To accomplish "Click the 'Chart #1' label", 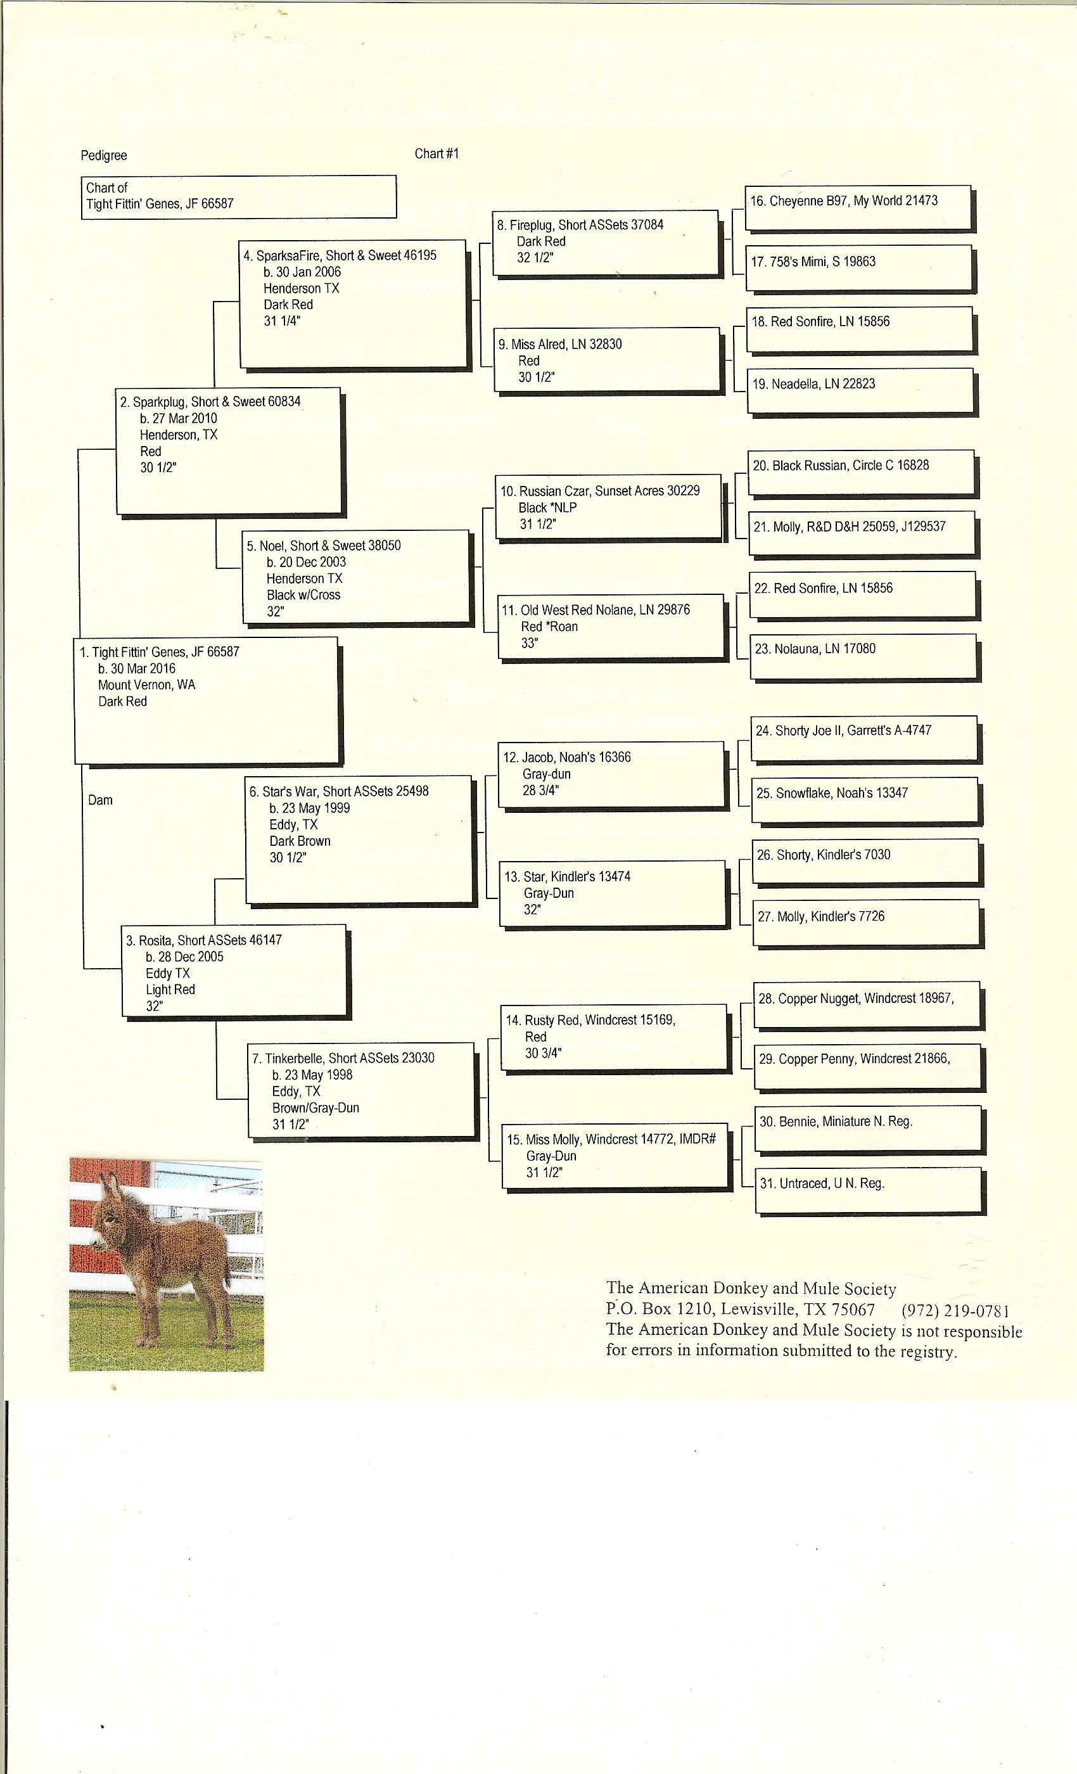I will click(437, 153).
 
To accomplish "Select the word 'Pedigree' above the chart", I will click(104, 155).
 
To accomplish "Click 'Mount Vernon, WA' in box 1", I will click(147, 685).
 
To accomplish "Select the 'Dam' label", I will click(100, 800).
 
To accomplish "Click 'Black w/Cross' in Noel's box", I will click(303, 595).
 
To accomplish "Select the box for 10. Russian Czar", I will click(608, 506).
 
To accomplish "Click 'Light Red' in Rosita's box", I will click(170, 989).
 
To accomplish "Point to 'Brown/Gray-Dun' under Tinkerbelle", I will click(315, 1107).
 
